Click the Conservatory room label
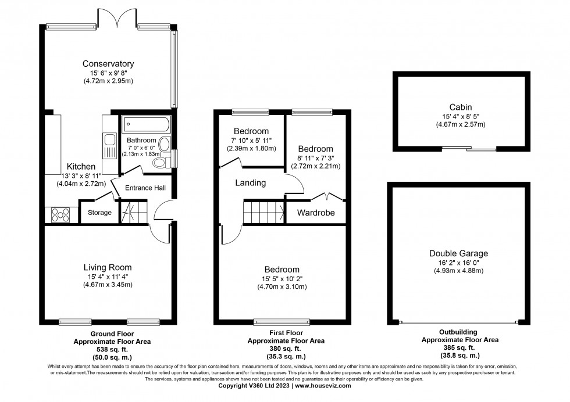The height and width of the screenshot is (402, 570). pyautogui.click(x=108, y=64)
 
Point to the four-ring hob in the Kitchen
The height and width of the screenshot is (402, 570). pyautogui.click(x=60, y=214)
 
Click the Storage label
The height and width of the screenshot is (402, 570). pyautogui.click(x=99, y=213)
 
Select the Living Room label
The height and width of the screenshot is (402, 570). pyautogui.click(x=108, y=267)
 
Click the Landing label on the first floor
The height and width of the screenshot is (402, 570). pyautogui.click(x=250, y=183)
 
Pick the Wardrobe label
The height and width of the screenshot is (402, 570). pyautogui.click(x=316, y=213)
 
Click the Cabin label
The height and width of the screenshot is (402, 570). pyautogui.click(x=460, y=107)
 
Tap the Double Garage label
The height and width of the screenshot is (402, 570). pyautogui.click(x=458, y=253)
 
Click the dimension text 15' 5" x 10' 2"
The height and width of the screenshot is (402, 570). pyautogui.click(x=282, y=279)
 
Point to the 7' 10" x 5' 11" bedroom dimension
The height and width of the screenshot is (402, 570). pyautogui.click(x=251, y=141)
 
